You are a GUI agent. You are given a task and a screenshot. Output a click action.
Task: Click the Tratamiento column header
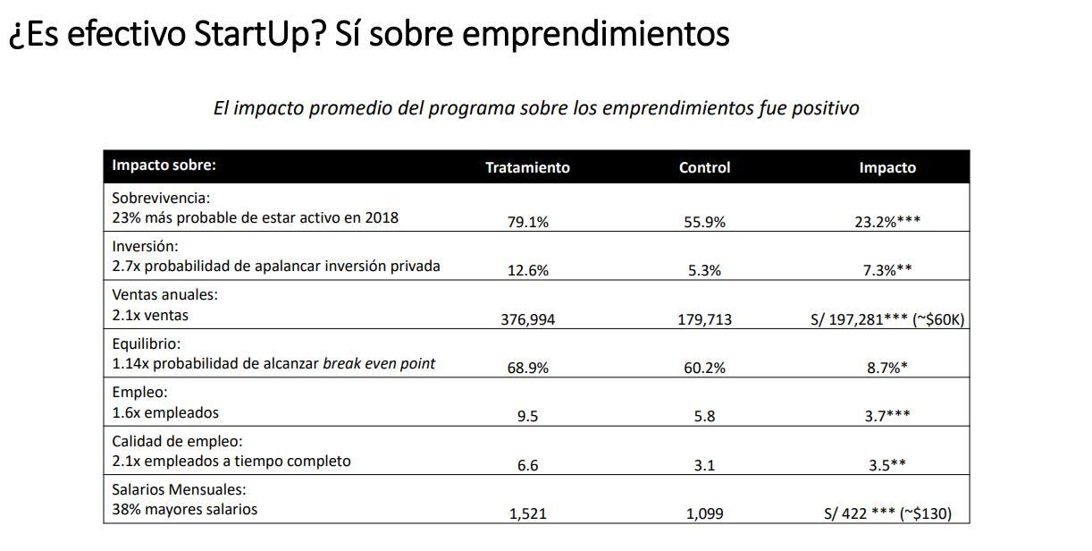(x=527, y=167)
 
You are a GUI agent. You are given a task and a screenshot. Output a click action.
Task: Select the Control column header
(x=704, y=167)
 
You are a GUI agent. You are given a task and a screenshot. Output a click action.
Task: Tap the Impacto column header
(x=886, y=167)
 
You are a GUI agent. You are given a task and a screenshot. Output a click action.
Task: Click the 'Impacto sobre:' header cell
(x=164, y=165)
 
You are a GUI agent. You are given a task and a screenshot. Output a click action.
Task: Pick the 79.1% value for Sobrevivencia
(x=527, y=222)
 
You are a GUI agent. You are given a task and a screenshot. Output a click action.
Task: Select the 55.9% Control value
(x=704, y=222)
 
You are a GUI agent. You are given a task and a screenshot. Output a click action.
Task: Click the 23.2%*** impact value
(x=886, y=222)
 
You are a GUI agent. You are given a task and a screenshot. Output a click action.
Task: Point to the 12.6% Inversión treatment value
(x=527, y=270)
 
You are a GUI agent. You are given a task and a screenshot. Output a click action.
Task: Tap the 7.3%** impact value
(x=886, y=270)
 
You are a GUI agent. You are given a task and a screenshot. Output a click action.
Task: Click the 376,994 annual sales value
(x=527, y=319)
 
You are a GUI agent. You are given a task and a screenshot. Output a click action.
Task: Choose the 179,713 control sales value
(x=704, y=319)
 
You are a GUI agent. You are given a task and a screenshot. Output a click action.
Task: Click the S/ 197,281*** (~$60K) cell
(x=886, y=319)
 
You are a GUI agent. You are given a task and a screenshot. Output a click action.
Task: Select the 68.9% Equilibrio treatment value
(x=527, y=368)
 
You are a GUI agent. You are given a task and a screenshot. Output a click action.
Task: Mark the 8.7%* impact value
(x=886, y=368)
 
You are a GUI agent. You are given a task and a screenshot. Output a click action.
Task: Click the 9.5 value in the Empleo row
(x=527, y=416)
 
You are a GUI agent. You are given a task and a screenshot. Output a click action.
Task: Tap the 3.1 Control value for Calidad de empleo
(x=704, y=465)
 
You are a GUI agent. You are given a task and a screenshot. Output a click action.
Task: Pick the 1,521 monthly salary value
(x=527, y=513)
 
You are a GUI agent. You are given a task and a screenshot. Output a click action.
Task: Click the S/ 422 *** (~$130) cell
(x=886, y=513)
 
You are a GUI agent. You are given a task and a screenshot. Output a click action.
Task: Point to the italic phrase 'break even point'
(x=379, y=364)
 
